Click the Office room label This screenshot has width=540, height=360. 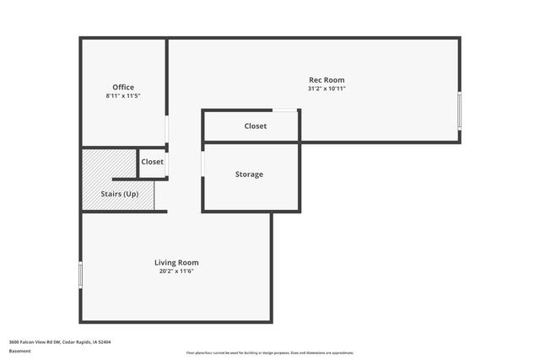(x=123, y=88)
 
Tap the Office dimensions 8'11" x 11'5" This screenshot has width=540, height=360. (x=123, y=96)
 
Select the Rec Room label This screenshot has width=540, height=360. (x=327, y=80)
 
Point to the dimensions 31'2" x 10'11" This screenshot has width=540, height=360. (x=327, y=89)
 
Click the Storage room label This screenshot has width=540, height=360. (x=249, y=175)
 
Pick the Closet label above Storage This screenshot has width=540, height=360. (x=256, y=126)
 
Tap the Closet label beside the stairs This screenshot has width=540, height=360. (x=153, y=162)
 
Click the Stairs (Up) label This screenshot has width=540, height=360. (x=120, y=195)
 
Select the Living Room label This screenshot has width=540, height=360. (x=176, y=263)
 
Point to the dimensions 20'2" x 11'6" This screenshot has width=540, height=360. (x=176, y=271)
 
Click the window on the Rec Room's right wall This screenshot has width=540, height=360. (x=460, y=109)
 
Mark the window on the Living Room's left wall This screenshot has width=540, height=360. (x=81, y=275)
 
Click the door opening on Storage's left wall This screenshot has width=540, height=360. (x=202, y=164)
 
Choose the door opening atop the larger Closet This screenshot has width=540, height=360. (x=284, y=110)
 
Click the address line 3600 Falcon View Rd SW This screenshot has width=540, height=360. (x=60, y=341)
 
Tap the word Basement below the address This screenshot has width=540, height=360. (x=19, y=351)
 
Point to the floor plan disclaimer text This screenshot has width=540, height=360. (x=269, y=352)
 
